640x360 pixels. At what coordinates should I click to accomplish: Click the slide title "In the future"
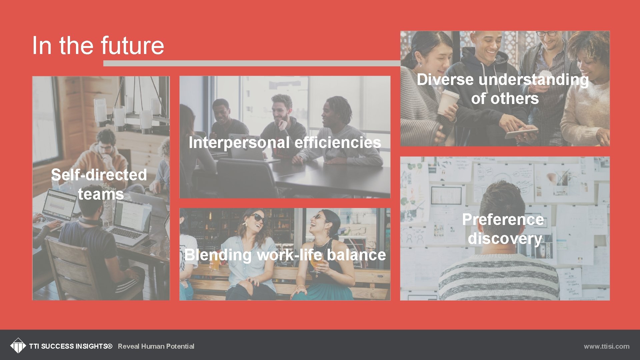pyautogui.click(x=98, y=46)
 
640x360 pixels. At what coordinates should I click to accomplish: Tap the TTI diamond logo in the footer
pyautogui.click(x=18, y=346)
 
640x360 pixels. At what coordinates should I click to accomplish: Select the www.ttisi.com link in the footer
pyautogui.click(x=606, y=346)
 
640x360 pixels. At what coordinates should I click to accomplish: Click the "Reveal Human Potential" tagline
pyautogui.click(x=156, y=346)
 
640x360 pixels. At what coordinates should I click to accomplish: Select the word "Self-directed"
pyautogui.click(x=99, y=175)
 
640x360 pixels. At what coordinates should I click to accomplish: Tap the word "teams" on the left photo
pyautogui.click(x=101, y=194)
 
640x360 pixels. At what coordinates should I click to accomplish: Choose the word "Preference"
pyautogui.click(x=503, y=220)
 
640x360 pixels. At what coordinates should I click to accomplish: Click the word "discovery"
pyautogui.click(x=505, y=239)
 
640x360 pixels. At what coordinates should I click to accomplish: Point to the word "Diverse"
pyautogui.click(x=445, y=80)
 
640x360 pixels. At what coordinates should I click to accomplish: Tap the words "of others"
pyautogui.click(x=505, y=99)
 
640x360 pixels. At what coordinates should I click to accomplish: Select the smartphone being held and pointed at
pyautogui.click(x=521, y=134)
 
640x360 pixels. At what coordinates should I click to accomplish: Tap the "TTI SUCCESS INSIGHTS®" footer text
pyautogui.click(x=71, y=346)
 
